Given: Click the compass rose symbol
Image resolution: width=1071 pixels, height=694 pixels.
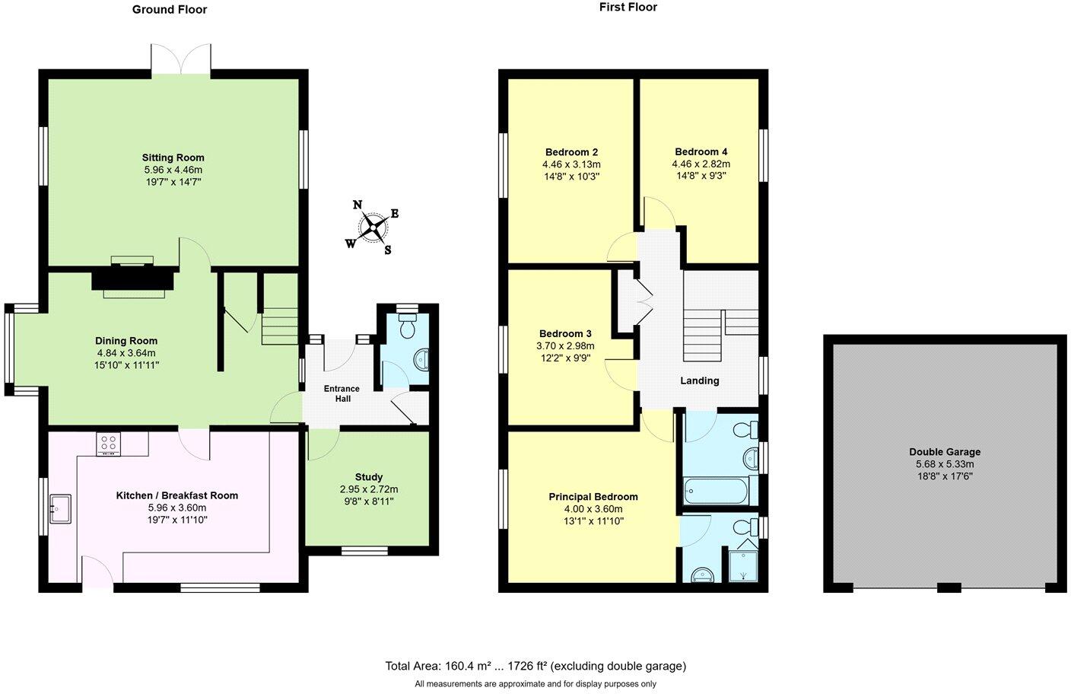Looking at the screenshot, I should (x=373, y=227).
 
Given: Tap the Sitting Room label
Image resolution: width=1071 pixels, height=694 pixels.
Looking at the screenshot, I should (x=173, y=158).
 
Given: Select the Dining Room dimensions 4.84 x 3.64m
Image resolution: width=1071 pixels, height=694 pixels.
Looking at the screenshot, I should (x=126, y=353).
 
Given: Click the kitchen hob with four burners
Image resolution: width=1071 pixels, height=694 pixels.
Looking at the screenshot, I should (x=108, y=444).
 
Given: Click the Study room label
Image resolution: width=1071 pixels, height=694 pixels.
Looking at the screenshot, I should (x=369, y=477).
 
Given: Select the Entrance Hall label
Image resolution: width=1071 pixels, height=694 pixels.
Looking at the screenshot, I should (x=342, y=393).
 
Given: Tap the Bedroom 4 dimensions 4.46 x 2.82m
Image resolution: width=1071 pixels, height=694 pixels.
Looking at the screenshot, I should (x=701, y=164).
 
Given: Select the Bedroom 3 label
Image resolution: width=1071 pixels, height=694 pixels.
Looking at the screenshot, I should (x=565, y=333).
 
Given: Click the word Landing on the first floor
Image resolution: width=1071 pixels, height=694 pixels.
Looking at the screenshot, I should (x=699, y=380).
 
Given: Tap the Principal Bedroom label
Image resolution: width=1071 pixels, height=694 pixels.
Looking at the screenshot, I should (x=593, y=497).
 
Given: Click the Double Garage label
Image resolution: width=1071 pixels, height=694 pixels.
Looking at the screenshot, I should (x=945, y=451).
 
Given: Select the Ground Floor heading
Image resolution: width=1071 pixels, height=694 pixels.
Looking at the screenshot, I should (x=170, y=10).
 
